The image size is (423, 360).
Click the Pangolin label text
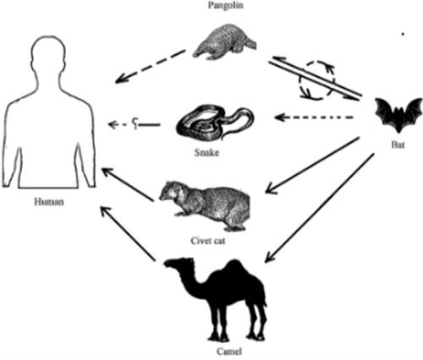point(226,5)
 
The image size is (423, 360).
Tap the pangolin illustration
point(225,42)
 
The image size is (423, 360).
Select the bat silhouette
point(398,115)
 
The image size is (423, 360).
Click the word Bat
point(398,145)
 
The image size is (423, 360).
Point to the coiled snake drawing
point(215,123)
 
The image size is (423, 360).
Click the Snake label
point(206,153)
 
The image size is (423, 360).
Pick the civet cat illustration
point(205,205)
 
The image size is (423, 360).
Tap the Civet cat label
point(208,241)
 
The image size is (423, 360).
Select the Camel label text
point(229,352)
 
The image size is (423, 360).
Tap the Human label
point(49,202)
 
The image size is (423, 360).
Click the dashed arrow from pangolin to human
point(150,67)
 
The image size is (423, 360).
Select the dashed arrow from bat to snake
point(314,117)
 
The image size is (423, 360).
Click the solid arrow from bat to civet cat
point(312,165)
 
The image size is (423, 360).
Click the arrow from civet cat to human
point(128,184)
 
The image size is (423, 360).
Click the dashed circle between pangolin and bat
point(317,80)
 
